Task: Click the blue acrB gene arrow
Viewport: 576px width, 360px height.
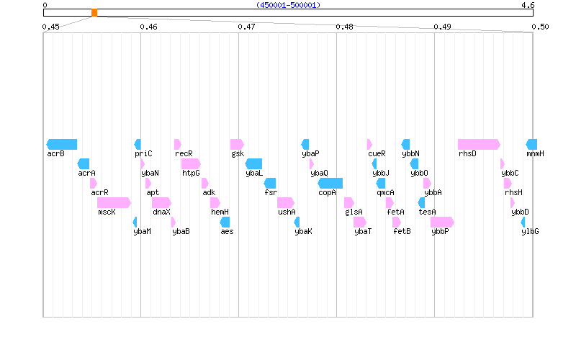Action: (x=62, y=144)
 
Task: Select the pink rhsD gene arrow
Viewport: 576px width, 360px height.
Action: (x=479, y=144)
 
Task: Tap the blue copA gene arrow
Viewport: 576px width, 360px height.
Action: (x=330, y=183)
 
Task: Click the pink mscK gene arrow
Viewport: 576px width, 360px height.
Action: (x=114, y=202)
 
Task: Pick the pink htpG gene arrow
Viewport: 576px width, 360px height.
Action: (x=191, y=163)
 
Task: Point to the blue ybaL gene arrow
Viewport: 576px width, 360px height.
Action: (x=253, y=163)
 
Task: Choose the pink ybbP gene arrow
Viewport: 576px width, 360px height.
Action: (x=442, y=222)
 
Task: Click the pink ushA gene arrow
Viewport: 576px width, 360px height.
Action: (x=286, y=202)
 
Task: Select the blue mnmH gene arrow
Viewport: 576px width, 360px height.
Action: (x=531, y=144)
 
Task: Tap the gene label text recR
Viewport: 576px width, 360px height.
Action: (x=184, y=153)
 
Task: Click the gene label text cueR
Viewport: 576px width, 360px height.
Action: (x=377, y=153)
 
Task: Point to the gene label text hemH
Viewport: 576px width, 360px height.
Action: (x=220, y=212)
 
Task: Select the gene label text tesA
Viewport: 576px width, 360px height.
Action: (x=427, y=212)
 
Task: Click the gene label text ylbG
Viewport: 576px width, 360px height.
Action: (x=530, y=231)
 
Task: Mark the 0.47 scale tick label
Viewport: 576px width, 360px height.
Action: (x=246, y=27)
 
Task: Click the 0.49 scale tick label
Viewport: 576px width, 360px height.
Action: (x=442, y=27)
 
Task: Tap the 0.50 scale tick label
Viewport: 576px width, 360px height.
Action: (x=540, y=27)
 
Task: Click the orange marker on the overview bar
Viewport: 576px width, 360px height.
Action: (x=94, y=12)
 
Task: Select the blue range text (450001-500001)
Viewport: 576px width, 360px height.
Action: (x=288, y=5)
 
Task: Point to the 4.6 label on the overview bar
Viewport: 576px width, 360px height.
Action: (x=528, y=5)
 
